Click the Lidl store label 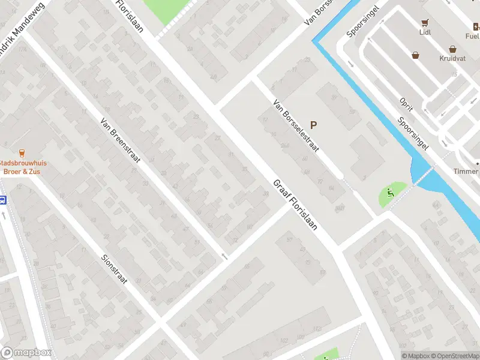point(425,33)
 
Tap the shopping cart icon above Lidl point(425,23)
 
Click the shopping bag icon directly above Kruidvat point(452,50)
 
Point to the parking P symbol point(313,125)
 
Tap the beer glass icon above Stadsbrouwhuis point(22,153)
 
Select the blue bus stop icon point(2,200)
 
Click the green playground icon point(391,193)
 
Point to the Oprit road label point(407,106)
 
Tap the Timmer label point(466,172)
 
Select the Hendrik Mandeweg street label point(18,45)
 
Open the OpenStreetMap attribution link point(454,356)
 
